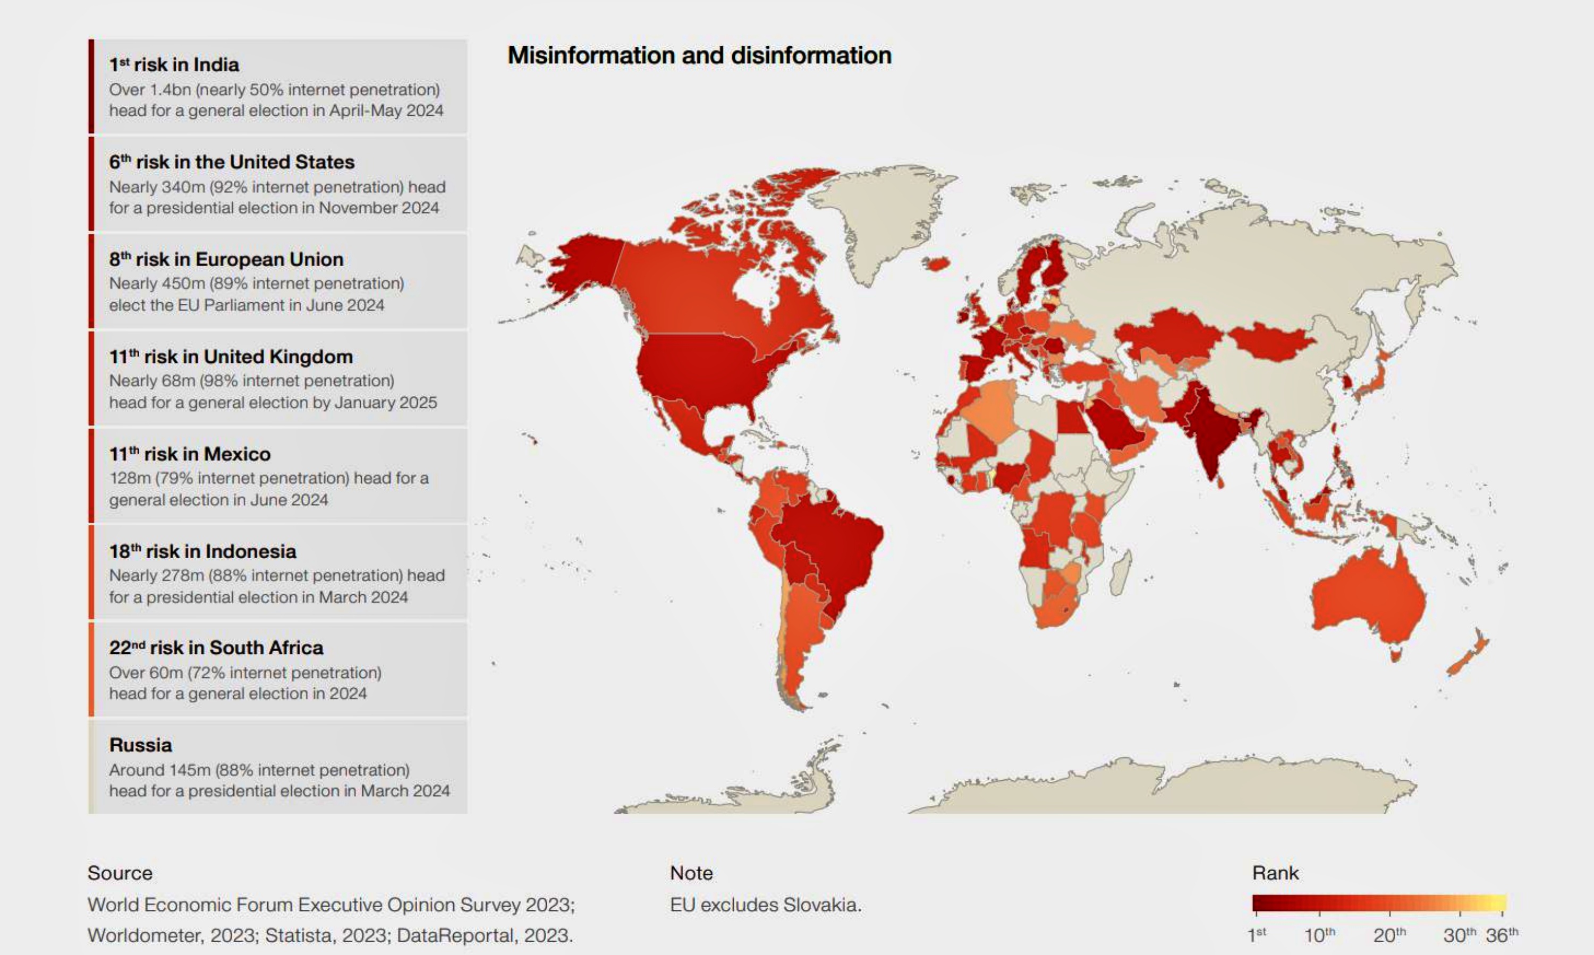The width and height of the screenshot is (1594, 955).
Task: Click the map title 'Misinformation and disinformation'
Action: (x=699, y=55)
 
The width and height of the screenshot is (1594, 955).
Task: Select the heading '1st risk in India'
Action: (x=174, y=65)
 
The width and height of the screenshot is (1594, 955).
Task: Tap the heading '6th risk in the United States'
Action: (x=231, y=162)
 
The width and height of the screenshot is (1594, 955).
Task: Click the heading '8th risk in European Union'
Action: (x=226, y=259)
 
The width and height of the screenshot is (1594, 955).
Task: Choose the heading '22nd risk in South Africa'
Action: (x=216, y=647)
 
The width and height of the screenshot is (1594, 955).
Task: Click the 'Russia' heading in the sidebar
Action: (x=140, y=745)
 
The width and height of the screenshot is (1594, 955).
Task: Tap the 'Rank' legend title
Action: (x=1275, y=873)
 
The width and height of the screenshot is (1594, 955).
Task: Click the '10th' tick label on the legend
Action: (x=1319, y=934)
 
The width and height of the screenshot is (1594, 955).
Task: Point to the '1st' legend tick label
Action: (x=1256, y=934)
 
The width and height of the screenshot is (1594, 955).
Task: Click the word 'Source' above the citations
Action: (x=120, y=873)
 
